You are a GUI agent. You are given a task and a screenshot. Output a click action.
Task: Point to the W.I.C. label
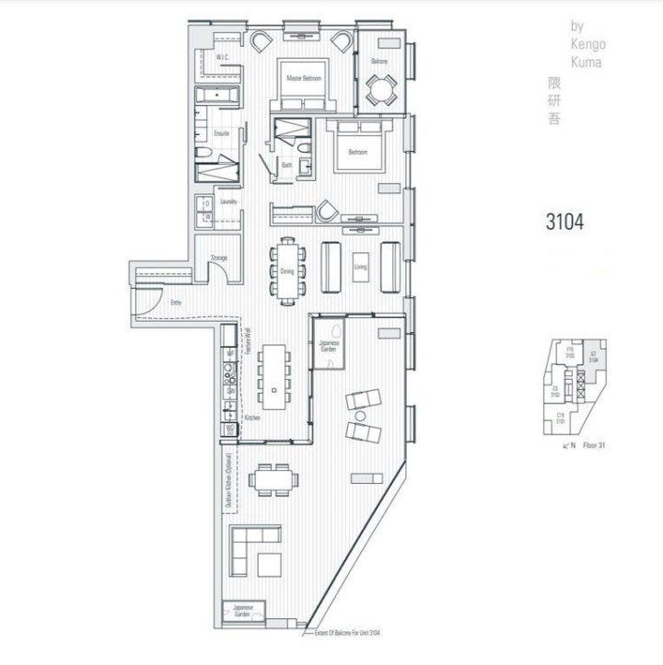tap(222, 58)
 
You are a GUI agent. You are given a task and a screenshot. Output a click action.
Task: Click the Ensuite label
tap(221, 134)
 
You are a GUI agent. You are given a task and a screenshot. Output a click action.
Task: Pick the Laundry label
tap(229, 201)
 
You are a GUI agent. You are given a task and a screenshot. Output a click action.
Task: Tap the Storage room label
tap(219, 258)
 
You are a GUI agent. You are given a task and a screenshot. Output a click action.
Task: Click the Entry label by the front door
tap(175, 301)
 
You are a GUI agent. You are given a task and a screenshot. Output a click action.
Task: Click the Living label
tap(359, 267)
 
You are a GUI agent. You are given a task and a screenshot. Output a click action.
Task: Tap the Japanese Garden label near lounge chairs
tap(329, 345)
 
